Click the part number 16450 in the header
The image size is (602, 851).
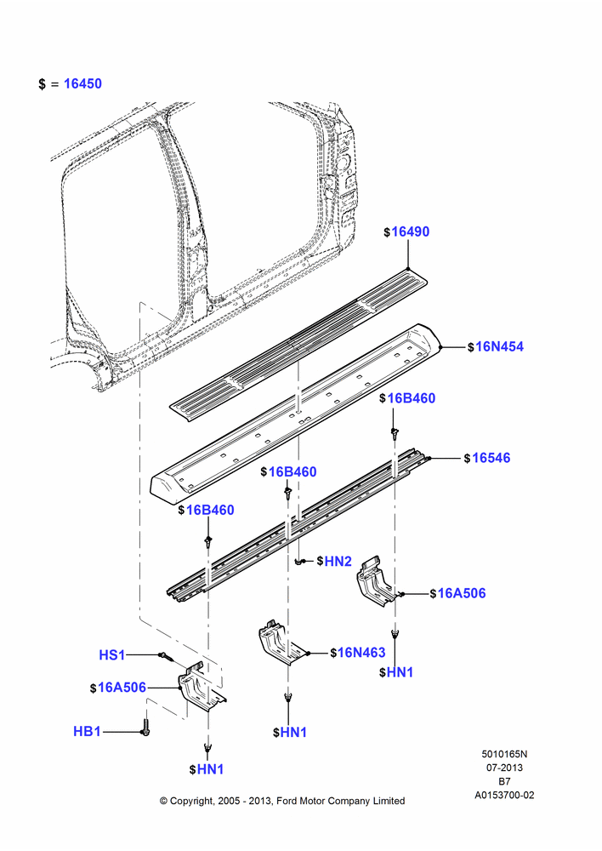(x=82, y=83)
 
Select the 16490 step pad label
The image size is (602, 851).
(x=410, y=231)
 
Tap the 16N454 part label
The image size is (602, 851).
(x=499, y=347)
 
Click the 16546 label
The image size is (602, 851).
(x=491, y=458)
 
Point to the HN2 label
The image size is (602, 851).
(x=338, y=561)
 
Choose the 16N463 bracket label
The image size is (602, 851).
(x=361, y=653)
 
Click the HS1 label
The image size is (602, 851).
(x=111, y=655)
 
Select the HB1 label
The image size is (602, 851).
(x=87, y=732)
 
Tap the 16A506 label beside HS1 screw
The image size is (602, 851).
(x=122, y=688)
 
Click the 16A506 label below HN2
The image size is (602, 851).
(x=462, y=593)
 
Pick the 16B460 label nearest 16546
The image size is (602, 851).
(x=411, y=398)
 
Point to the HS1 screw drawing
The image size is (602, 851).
(x=167, y=657)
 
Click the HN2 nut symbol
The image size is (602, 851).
(x=302, y=562)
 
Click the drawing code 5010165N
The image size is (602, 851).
(x=504, y=754)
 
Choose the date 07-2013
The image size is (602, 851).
(x=504, y=768)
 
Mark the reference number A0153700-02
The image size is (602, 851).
(x=504, y=795)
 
